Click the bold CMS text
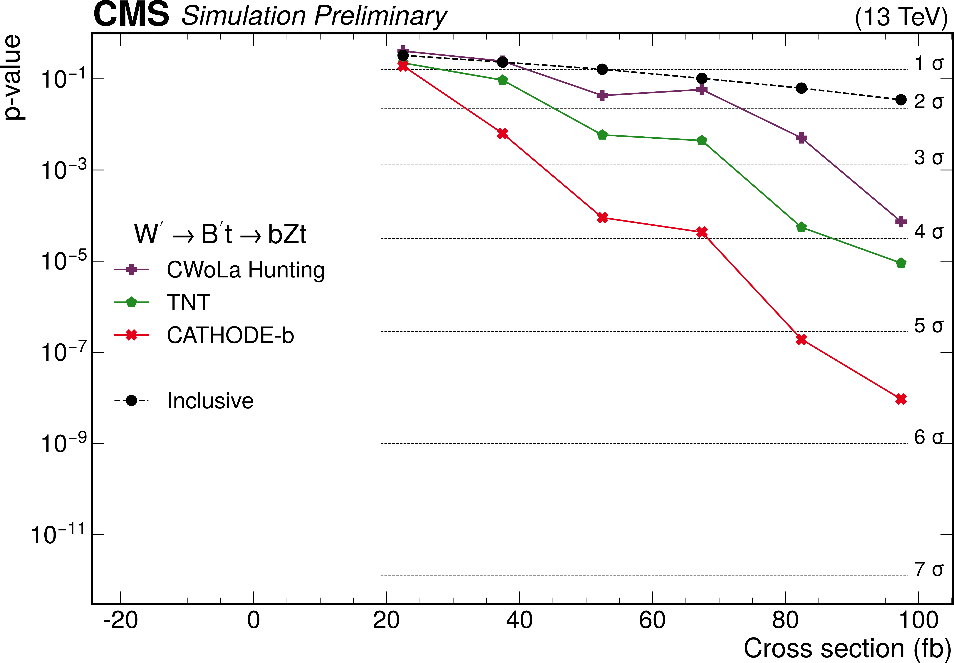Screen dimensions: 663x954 [131, 15]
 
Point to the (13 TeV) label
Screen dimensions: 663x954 [901, 17]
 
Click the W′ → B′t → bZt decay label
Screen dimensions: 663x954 [220, 234]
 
